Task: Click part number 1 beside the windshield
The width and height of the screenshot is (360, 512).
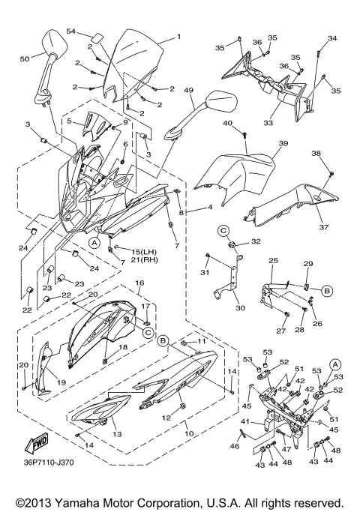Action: click(179, 36)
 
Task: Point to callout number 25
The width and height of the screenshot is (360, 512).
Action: click(273, 260)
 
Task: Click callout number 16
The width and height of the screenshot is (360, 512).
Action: click(139, 283)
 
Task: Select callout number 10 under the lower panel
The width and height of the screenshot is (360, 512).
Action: click(189, 433)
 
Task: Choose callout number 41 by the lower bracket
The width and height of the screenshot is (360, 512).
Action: click(244, 422)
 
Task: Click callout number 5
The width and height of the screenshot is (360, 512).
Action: click(70, 121)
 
